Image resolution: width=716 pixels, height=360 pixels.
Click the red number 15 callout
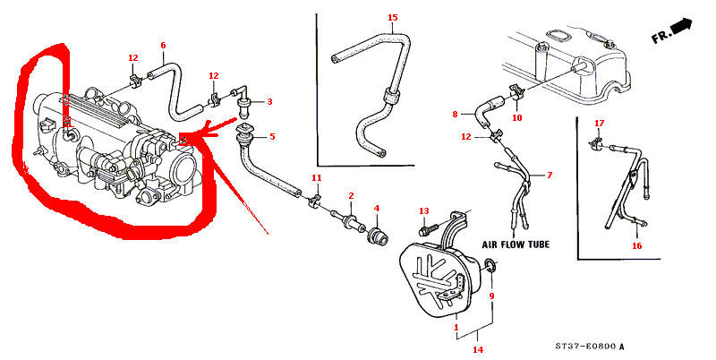pos(393,18)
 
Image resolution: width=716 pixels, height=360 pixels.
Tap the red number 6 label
pos(163,46)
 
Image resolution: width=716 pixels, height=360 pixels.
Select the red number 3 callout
pos(269,101)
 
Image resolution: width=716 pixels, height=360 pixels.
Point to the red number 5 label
pos(272,137)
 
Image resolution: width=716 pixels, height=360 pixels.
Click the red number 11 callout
pos(317,177)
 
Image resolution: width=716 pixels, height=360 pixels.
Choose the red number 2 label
pos(351,196)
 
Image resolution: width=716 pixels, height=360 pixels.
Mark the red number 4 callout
pos(376,209)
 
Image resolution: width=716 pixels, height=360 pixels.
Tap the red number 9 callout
pos(491,296)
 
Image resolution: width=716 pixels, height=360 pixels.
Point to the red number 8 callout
pos(455,115)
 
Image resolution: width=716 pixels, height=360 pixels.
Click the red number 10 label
pos(516,118)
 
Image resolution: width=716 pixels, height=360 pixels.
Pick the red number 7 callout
pos(550,175)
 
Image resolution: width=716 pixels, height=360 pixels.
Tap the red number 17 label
pos(599,124)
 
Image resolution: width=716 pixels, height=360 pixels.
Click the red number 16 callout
pos(636,245)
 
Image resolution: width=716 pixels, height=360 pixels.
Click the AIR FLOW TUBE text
pos(516,244)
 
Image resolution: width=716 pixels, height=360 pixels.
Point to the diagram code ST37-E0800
pos(586,346)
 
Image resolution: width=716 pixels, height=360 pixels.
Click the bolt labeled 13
pos(428,227)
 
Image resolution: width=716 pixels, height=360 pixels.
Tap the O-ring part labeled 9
pos(490,265)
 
